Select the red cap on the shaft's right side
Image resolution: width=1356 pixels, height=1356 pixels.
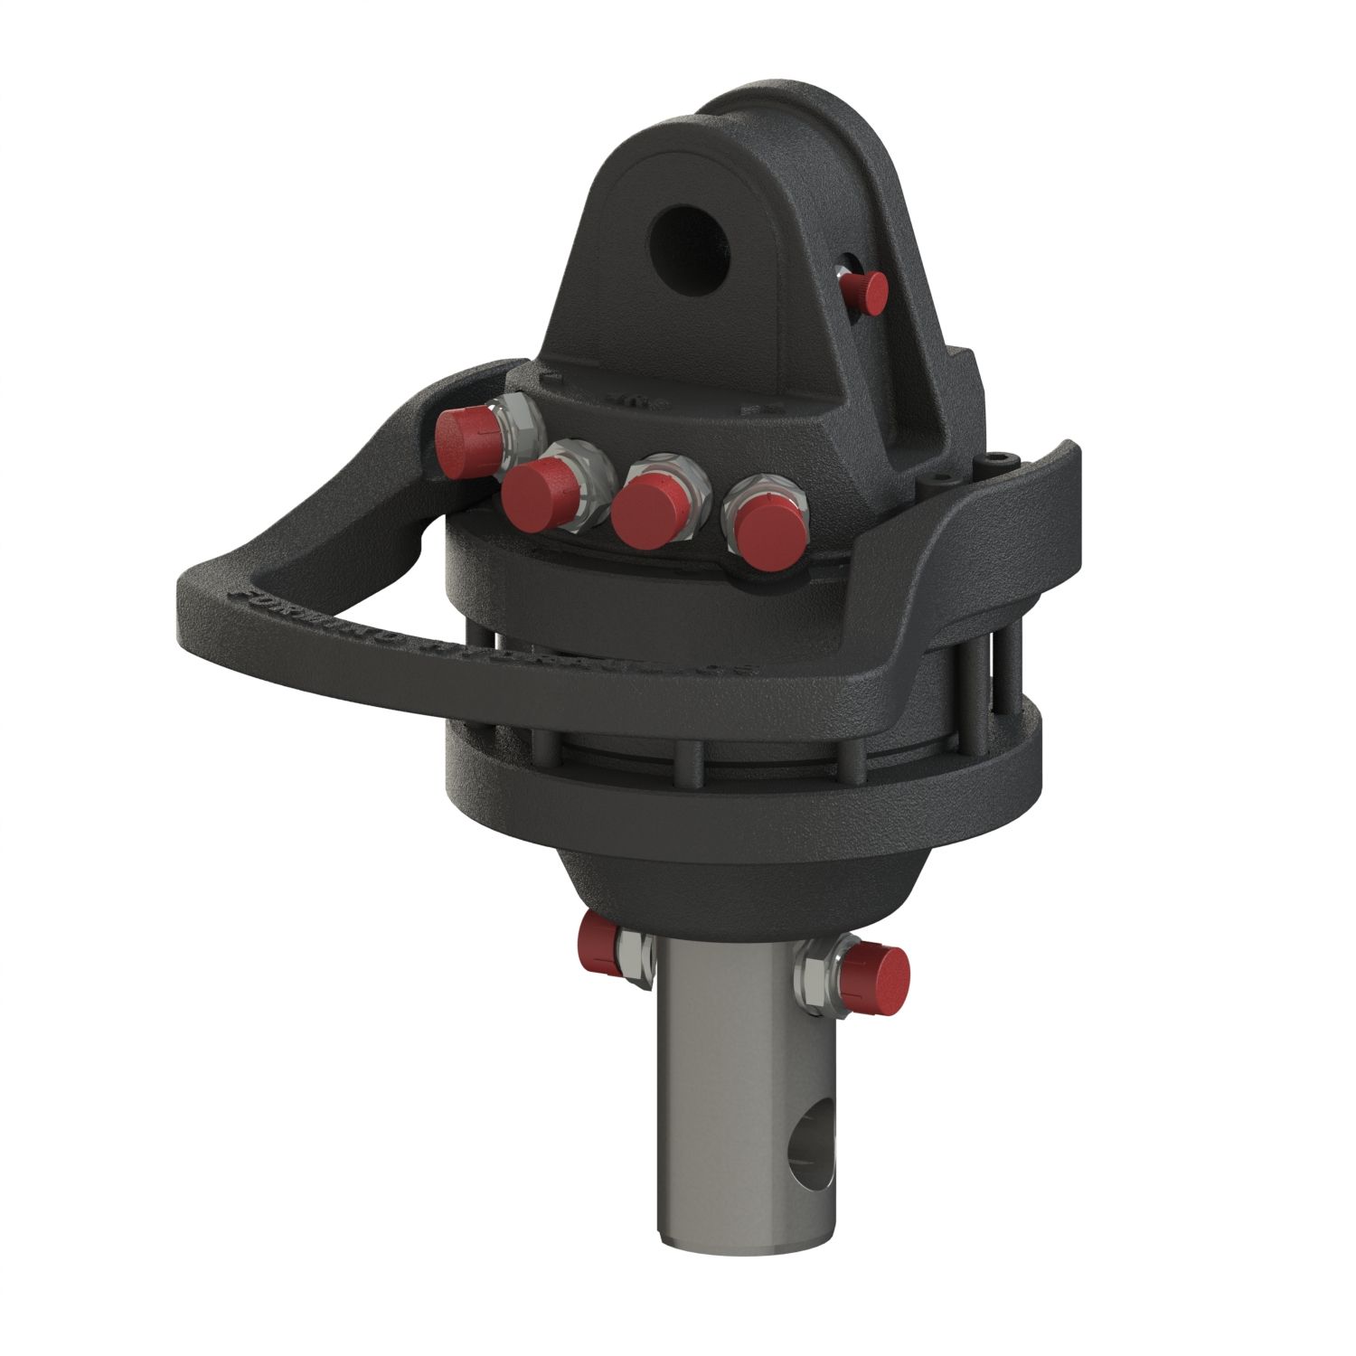881,971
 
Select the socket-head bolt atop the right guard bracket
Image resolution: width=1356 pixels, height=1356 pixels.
998,462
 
